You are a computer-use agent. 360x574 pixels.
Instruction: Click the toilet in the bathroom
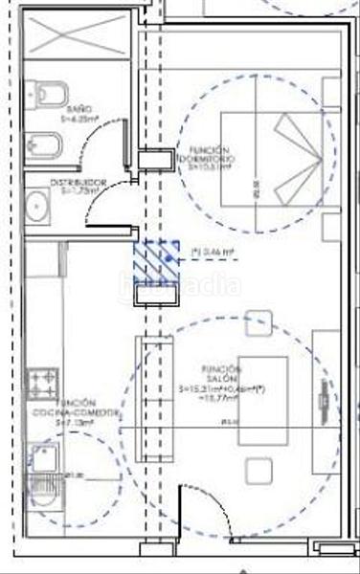48,94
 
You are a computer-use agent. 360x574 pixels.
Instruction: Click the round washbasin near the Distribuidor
39,205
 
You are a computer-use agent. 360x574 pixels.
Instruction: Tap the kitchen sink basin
42,455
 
